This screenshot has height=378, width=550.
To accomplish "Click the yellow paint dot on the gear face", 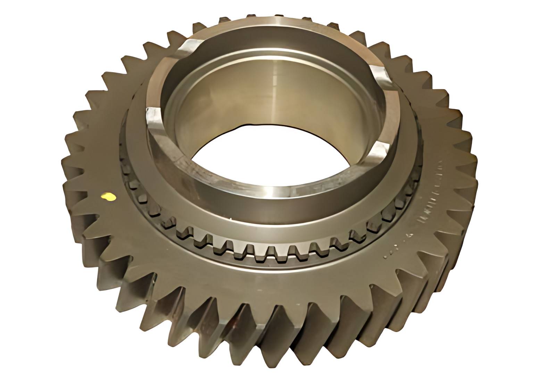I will (108, 197).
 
